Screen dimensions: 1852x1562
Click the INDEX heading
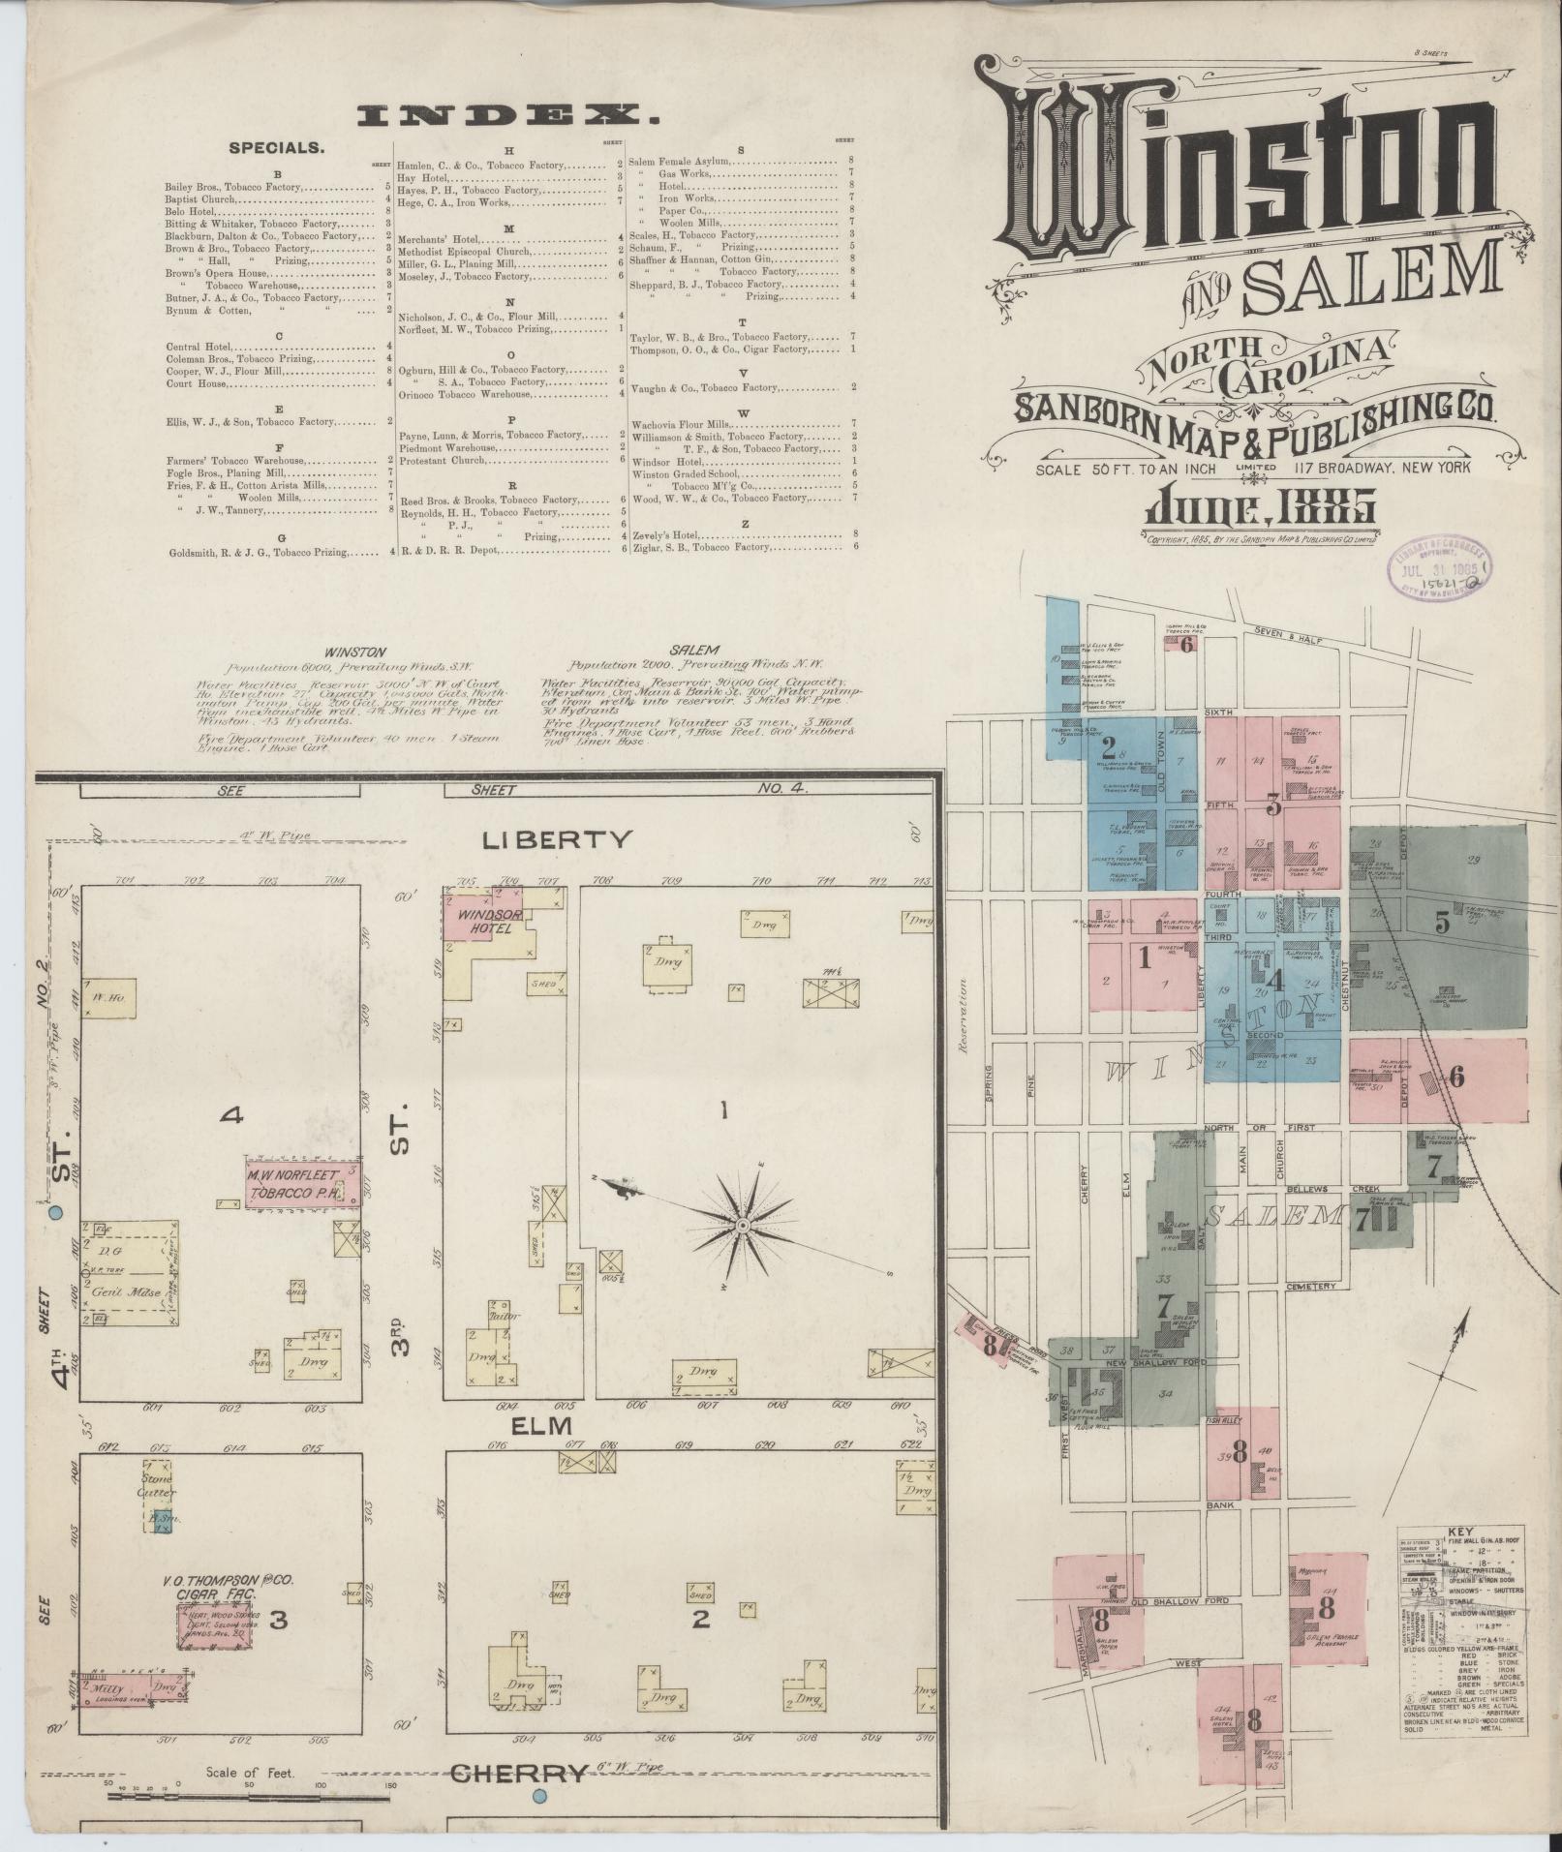click(x=507, y=117)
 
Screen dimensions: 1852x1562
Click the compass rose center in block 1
click(x=743, y=1226)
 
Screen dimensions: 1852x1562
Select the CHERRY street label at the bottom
click(x=519, y=1775)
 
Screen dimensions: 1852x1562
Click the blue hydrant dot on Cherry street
click(x=540, y=1797)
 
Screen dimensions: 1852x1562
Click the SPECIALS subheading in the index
click(x=276, y=148)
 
